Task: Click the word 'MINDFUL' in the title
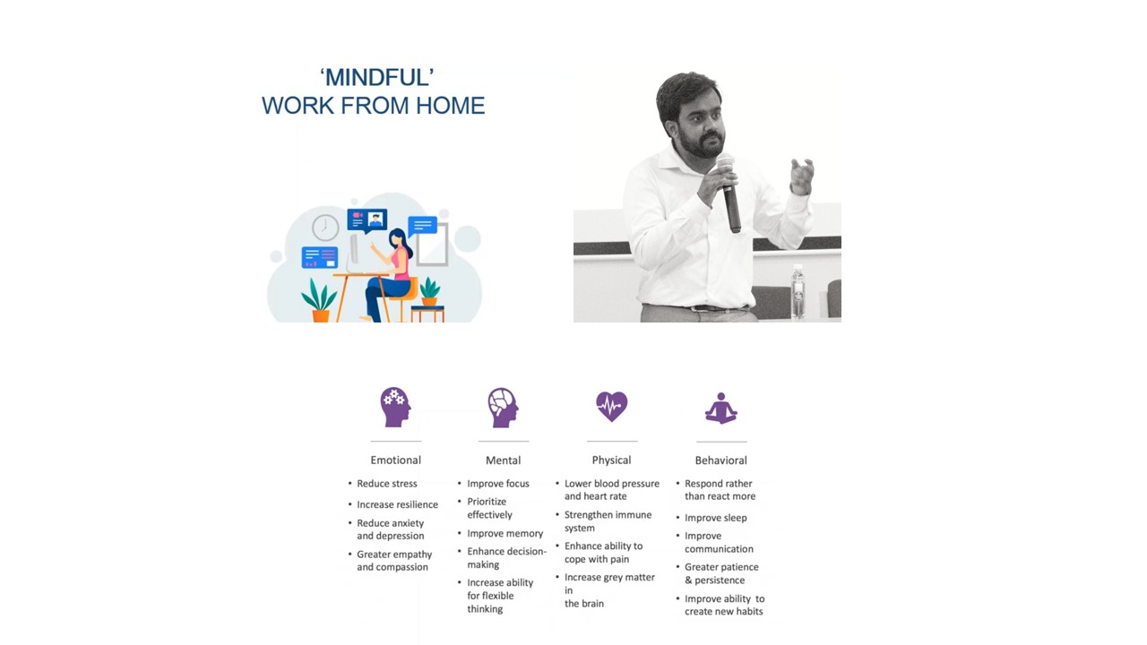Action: pos(377,78)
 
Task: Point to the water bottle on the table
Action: pos(798,292)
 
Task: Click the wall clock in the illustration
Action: pos(325,228)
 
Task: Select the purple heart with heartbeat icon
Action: pos(611,407)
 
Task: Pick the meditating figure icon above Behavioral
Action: pos(721,408)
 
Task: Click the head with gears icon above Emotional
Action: pos(395,407)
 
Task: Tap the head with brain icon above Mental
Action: pos(503,408)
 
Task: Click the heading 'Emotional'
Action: pos(396,460)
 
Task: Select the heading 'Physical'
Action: pos(611,460)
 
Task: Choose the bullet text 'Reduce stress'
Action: pos(387,484)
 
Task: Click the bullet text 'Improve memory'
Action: pos(505,533)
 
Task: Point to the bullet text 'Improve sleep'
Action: pos(716,518)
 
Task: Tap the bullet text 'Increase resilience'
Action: pos(397,504)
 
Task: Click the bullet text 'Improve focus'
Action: pos(498,484)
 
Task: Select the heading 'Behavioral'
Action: pos(721,460)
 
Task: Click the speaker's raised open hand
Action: pos(801,176)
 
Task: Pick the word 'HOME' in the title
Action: pos(450,106)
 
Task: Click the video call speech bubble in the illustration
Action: pos(367,220)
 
